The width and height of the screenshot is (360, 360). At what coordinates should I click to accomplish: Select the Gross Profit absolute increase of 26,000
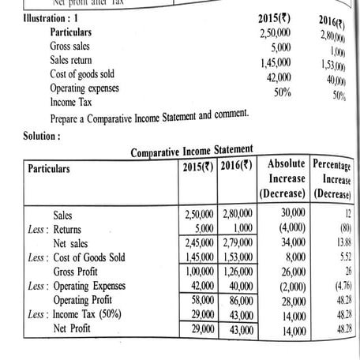283,271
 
